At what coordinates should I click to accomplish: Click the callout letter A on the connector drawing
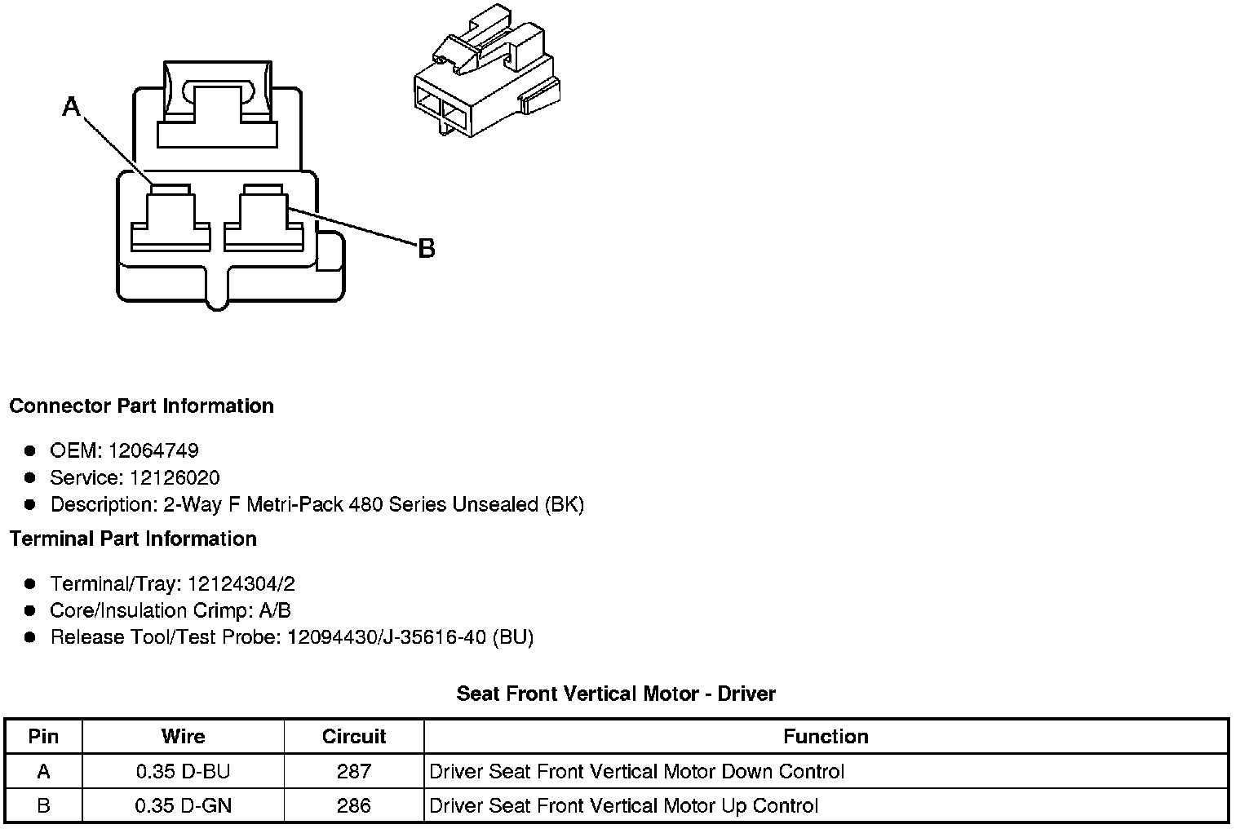coord(72,106)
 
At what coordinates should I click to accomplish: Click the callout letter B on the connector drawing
coord(426,248)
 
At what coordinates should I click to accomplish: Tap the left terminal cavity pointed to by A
coord(171,219)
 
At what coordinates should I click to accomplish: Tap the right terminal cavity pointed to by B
coord(263,219)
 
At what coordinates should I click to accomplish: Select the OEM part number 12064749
coord(153,450)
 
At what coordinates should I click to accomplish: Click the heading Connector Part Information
coord(141,406)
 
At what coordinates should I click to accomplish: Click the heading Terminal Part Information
coord(133,539)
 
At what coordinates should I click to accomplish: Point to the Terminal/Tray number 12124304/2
coord(241,584)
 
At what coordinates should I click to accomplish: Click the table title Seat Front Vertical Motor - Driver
coord(616,694)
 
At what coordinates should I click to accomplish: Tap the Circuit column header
coord(354,737)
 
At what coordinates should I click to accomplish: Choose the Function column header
coord(826,737)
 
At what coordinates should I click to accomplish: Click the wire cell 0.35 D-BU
coord(183,772)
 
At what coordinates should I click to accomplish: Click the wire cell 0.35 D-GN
coord(183,806)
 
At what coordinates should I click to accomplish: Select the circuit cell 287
coord(354,772)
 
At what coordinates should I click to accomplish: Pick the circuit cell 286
coord(354,806)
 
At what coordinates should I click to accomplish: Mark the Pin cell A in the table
coord(43,772)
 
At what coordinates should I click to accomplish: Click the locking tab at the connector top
coord(217,102)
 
